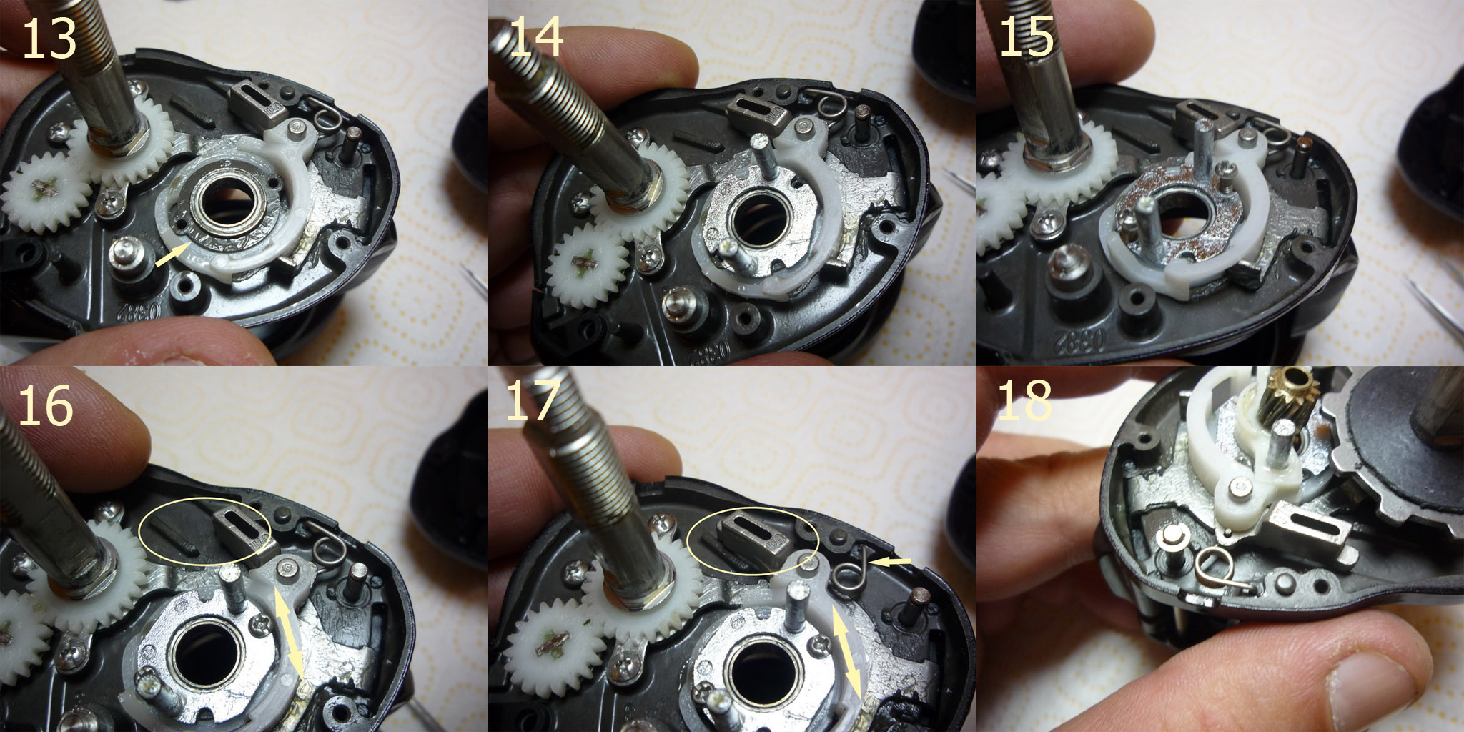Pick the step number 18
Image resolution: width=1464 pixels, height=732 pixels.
1024,400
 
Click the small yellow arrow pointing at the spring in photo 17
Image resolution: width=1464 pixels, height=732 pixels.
893,563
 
